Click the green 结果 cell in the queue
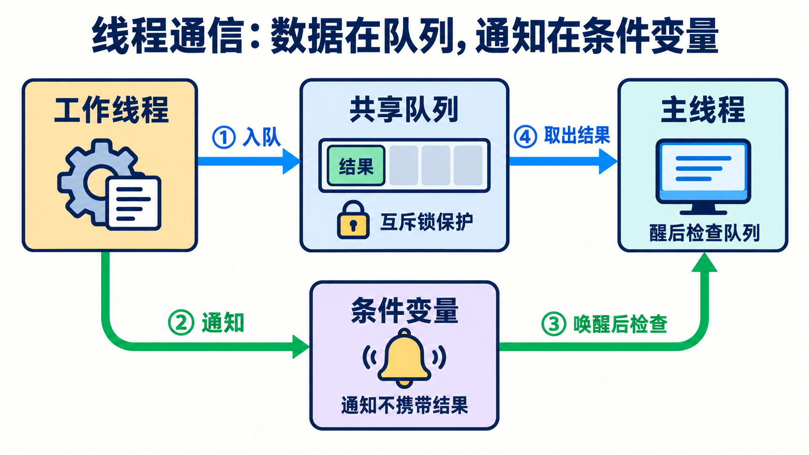tap(356, 166)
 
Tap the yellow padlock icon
tap(353, 220)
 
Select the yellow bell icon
tap(404, 358)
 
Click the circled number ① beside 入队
tap(224, 137)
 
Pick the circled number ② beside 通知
tap(181, 323)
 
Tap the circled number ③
tap(554, 323)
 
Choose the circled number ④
tap(525, 136)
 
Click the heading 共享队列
tap(404, 109)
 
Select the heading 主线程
tap(703, 109)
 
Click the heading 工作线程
tap(111, 110)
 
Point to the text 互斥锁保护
tap(427, 221)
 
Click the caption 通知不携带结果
tap(404, 405)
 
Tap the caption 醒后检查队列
tap(704, 233)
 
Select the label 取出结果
tap(577, 135)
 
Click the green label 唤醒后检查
tap(620, 323)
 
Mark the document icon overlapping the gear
tap(134, 203)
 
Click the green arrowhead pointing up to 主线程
tap(704, 263)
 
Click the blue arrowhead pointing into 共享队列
tap(291, 161)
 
